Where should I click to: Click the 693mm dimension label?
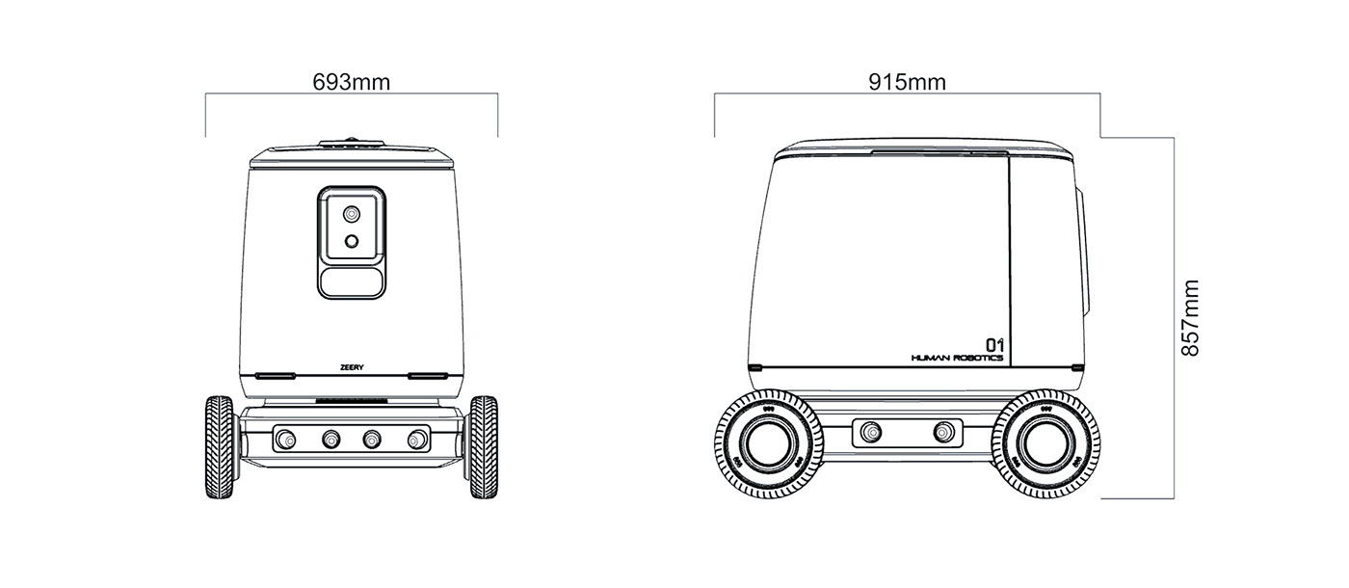352,82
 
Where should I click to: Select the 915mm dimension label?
907,82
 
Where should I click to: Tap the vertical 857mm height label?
1191,318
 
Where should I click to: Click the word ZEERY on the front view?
352,366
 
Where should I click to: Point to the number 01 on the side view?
993,344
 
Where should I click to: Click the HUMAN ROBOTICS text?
956,358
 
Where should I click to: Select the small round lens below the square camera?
353,241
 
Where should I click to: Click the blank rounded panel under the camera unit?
352,281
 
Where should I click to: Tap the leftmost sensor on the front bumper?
285,440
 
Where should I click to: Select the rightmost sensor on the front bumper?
417,440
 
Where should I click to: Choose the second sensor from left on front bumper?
330,440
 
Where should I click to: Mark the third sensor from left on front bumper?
373,440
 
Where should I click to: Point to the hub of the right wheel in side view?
1044,443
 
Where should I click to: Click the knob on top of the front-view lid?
352,142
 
